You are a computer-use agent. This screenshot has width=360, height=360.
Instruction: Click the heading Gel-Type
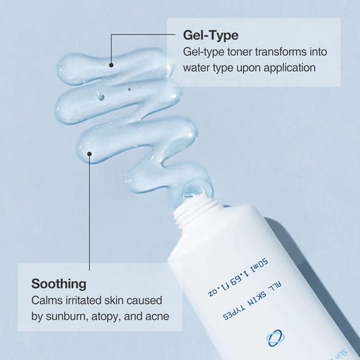[211, 34]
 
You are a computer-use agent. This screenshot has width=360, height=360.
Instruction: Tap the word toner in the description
[232, 51]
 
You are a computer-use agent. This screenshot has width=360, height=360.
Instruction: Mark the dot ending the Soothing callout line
[90, 155]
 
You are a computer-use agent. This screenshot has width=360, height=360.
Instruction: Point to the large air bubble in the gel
[101, 96]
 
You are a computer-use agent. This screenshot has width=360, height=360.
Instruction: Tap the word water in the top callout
[197, 68]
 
